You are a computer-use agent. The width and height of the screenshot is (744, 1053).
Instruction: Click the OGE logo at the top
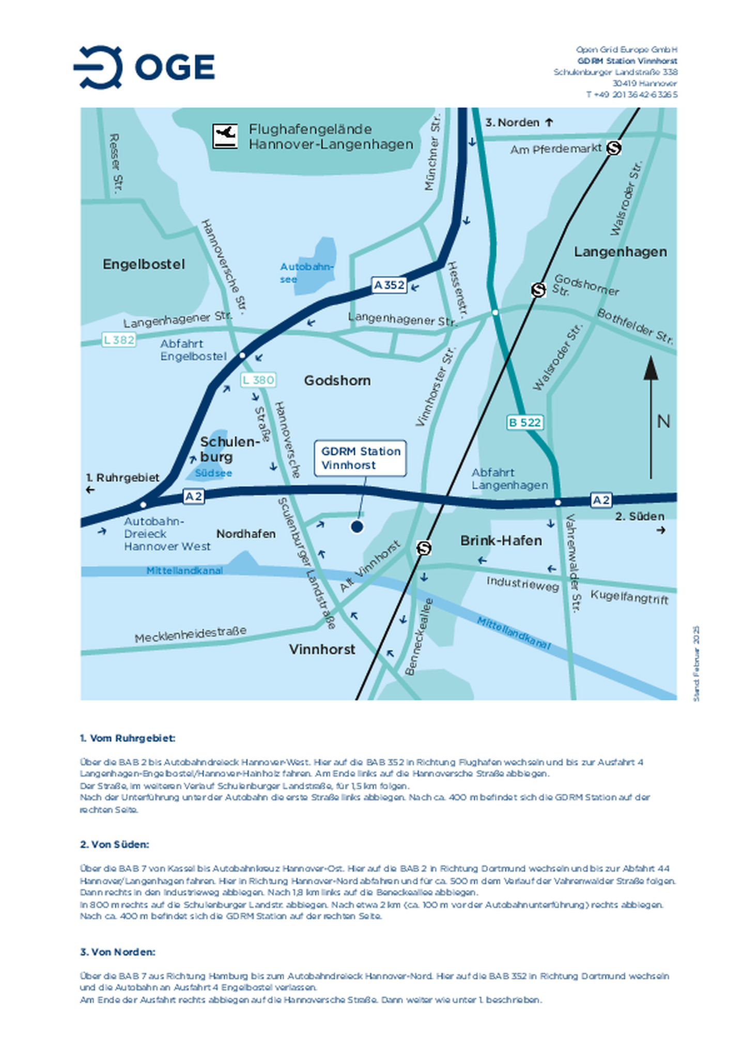click(144, 67)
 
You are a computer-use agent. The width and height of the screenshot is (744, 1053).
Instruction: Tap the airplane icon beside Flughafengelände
click(225, 136)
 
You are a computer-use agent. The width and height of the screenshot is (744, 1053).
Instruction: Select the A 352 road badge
click(389, 285)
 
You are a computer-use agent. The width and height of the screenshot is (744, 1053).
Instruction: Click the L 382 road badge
click(119, 339)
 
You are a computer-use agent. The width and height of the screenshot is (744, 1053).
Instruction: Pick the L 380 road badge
click(258, 380)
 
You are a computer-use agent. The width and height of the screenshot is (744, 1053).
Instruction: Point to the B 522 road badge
click(524, 422)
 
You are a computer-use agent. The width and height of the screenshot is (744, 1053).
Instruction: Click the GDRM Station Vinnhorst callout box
click(361, 458)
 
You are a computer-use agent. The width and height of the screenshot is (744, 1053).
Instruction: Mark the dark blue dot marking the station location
click(357, 526)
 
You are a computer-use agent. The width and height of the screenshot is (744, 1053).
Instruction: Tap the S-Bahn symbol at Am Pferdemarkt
click(613, 148)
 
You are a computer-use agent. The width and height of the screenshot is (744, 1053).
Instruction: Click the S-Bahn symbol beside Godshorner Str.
click(538, 289)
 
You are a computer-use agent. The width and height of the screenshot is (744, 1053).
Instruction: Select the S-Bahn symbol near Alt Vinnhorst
click(424, 547)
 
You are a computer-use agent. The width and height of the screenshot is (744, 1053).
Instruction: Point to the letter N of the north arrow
click(663, 422)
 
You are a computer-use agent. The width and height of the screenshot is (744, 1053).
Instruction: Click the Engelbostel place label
click(144, 264)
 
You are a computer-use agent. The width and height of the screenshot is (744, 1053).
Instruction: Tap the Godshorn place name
click(337, 380)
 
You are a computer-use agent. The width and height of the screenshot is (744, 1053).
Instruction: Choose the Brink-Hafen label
click(501, 540)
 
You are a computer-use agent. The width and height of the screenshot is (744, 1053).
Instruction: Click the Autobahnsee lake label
click(306, 272)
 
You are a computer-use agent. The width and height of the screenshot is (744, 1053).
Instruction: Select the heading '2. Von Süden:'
click(115, 845)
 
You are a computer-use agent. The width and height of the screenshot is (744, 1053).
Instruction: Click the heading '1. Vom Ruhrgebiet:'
click(128, 738)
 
